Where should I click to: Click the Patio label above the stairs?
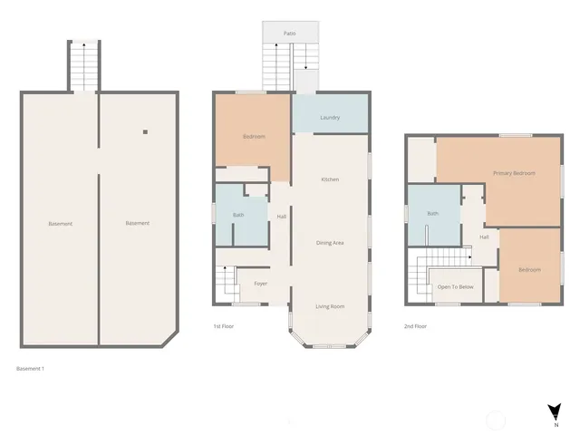289,33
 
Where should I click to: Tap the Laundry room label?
330,118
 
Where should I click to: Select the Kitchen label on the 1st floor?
330,179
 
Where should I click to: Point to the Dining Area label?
330,243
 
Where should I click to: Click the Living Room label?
330,306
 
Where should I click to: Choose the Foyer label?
260,284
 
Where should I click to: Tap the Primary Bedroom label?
514,173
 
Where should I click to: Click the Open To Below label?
455,287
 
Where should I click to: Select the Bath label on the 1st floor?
238,215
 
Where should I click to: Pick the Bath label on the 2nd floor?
433,214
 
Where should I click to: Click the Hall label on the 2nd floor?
484,237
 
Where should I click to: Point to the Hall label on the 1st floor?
282,217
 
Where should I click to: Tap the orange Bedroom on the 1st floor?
254,137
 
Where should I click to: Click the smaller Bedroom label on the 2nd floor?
529,270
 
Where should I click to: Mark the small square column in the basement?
145,132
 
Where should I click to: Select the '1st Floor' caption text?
224,325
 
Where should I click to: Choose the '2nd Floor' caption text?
415,325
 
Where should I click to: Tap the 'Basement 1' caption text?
31,369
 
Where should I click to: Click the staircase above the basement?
83,65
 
